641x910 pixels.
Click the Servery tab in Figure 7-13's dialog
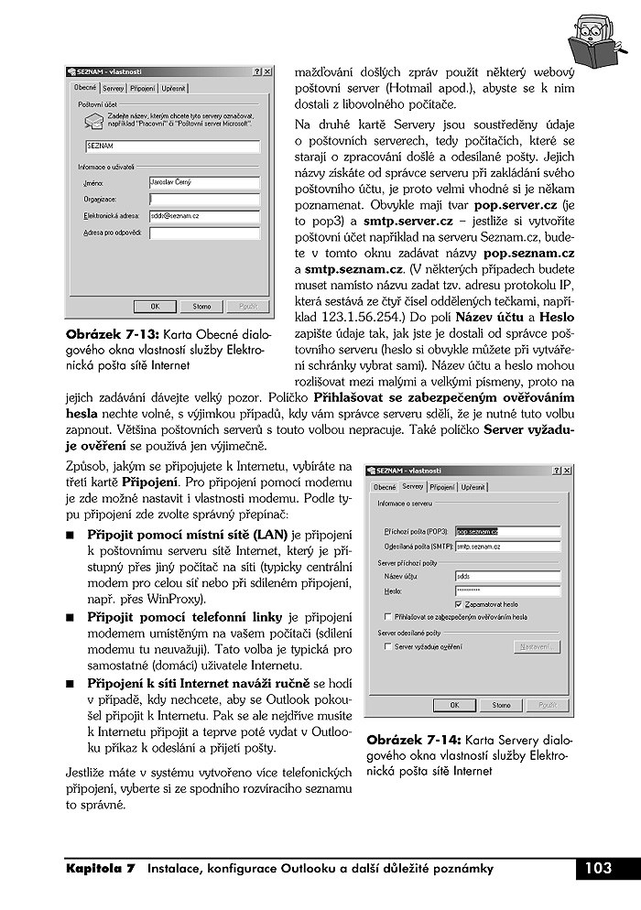pos(114,89)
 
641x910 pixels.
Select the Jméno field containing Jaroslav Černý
pos(204,182)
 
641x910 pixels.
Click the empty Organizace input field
pos(204,199)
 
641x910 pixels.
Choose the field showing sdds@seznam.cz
pos(204,216)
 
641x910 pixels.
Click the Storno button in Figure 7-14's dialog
pos(501,705)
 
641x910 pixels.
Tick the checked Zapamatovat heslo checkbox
pos(458,605)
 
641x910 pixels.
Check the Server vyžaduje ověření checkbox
pos(388,646)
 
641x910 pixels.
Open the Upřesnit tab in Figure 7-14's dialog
pos(473,487)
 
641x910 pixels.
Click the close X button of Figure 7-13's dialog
pos(267,70)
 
